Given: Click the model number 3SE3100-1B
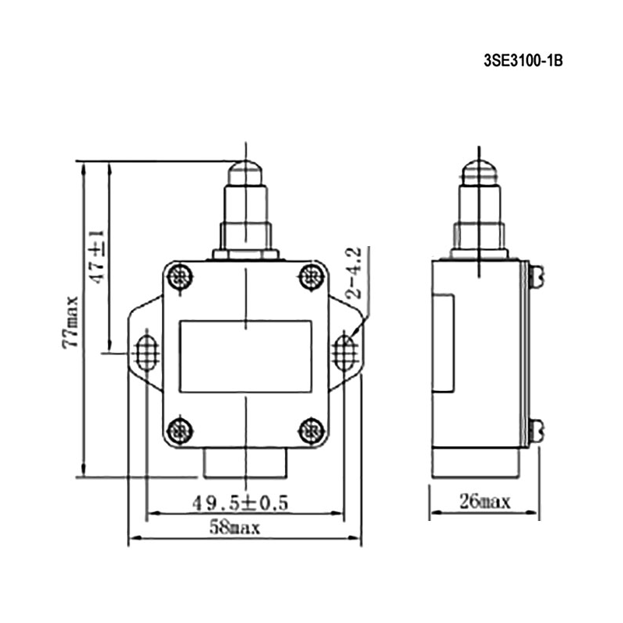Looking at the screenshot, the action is click(x=523, y=61).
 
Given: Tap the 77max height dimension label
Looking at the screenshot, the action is click(x=70, y=322).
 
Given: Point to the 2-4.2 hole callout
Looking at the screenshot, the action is click(x=354, y=273).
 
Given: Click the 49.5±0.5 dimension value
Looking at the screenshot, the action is click(x=240, y=503).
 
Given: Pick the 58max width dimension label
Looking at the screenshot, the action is click(x=234, y=528).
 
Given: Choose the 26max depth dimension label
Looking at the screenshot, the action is click(x=484, y=502).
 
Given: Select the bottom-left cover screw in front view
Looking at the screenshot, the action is click(x=180, y=431).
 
